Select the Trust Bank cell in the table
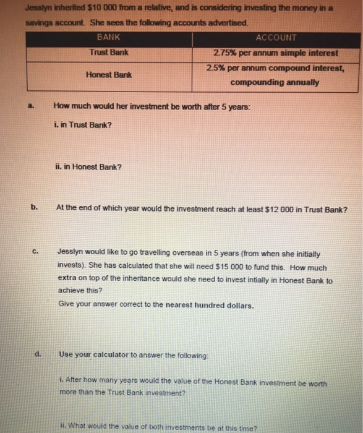(109, 52)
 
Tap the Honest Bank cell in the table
(109, 75)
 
